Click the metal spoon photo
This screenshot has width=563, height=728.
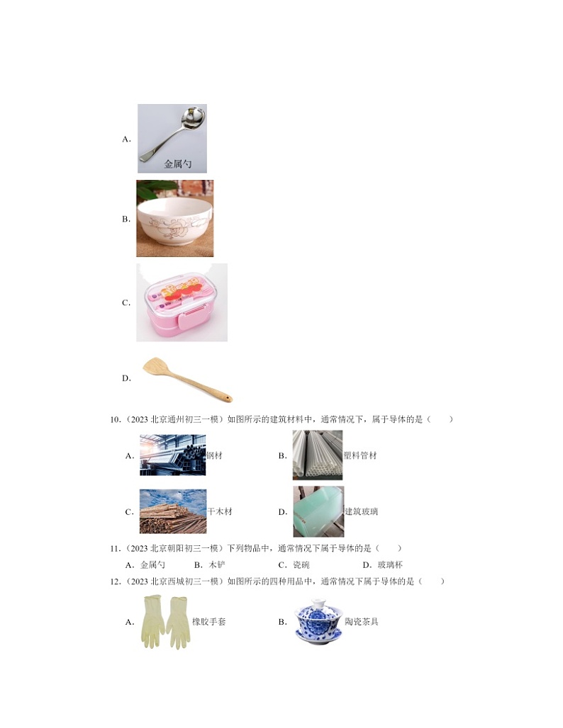[x=172, y=138]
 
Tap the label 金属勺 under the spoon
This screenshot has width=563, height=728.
[x=177, y=164]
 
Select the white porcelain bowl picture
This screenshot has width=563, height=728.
[x=175, y=218]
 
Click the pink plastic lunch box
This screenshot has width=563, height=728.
[x=182, y=302]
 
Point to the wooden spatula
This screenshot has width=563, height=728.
[x=187, y=380]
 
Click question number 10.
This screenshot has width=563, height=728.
[x=116, y=420]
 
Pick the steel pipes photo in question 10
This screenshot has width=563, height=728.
[x=172, y=455]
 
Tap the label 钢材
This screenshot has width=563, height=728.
[x=214, y=455]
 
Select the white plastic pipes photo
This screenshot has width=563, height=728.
[x=318, y=455]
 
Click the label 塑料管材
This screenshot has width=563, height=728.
[x=360, y=455]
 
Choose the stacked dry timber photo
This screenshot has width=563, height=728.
[x=173, y=511]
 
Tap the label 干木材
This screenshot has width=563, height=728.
[x=219, y=511]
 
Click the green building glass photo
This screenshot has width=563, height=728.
[x=318, y=511]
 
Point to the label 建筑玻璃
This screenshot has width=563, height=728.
[x=361, y=511]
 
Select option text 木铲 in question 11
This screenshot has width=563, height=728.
[x=217, y=565]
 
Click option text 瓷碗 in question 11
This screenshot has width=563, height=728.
[x=301, y=565]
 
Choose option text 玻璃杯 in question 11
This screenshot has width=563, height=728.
[x=390, y=565]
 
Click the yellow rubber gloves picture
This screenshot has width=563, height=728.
[x=165, y=622]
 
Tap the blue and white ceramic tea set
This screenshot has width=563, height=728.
[x=318, y=622]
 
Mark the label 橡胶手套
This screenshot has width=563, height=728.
[x=208, y=622]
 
